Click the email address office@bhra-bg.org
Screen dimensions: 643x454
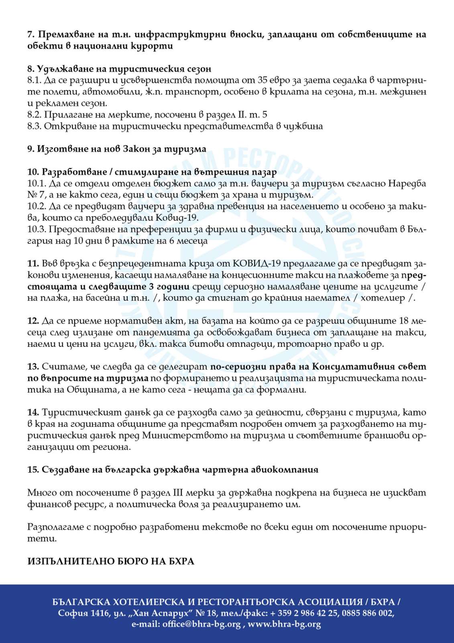click(x=201, y=624)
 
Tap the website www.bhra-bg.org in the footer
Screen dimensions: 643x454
click(x=284, y=624)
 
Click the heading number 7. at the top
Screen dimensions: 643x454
click(x=31, y=35)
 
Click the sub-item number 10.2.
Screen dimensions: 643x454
click(x=37, y=207)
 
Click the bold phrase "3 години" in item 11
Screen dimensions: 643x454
click(x=173, y=287)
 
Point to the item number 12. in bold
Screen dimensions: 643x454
click(x=33, y=321)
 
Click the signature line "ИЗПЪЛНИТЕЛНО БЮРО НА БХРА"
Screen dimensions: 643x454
click(x=111, y=561)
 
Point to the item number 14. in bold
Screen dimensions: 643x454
click(x=33, y=412)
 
